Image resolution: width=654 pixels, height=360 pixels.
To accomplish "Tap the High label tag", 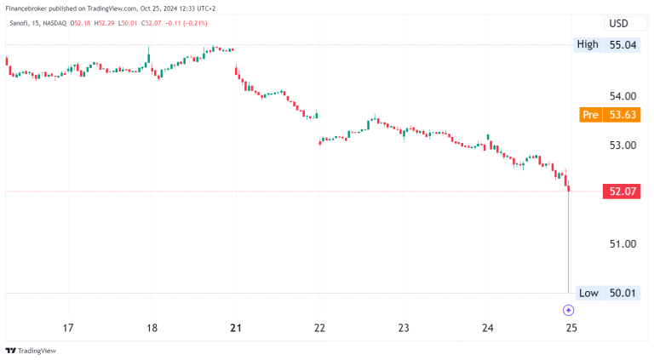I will (x=587, y=44).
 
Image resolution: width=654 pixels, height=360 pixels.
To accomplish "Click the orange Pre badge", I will (x=588, y=115).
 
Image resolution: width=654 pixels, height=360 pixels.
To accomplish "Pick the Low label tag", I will (x=588, y=293).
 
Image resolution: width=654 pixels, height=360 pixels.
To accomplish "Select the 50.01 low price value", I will (x=623, y=293).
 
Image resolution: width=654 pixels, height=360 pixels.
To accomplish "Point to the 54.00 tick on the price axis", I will (x=623, y=96).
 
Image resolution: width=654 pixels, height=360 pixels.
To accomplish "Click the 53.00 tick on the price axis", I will (x=623, y=146).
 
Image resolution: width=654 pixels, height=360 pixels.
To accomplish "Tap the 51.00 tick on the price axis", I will (x=623, y=244).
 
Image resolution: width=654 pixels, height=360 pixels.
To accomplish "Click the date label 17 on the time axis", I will (x=68, y=328).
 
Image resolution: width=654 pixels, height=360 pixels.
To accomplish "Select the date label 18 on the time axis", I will (x=152, y=328).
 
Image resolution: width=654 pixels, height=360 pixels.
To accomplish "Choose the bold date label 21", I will (x=236, y=328).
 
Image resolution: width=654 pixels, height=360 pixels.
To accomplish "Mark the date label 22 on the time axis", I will (x=320, y=328).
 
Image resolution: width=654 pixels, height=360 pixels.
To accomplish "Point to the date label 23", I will (x=404, y=328).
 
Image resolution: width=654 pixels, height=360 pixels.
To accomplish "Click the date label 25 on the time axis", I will (x=571, y=328).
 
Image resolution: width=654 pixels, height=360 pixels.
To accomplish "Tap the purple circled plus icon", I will (x=568, y=310).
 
